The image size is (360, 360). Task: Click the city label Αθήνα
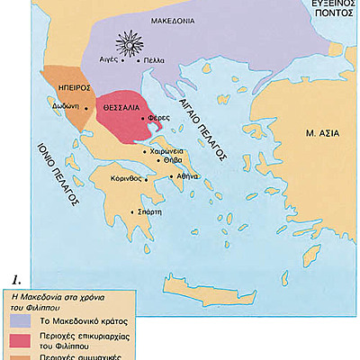[x=187, y=176]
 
